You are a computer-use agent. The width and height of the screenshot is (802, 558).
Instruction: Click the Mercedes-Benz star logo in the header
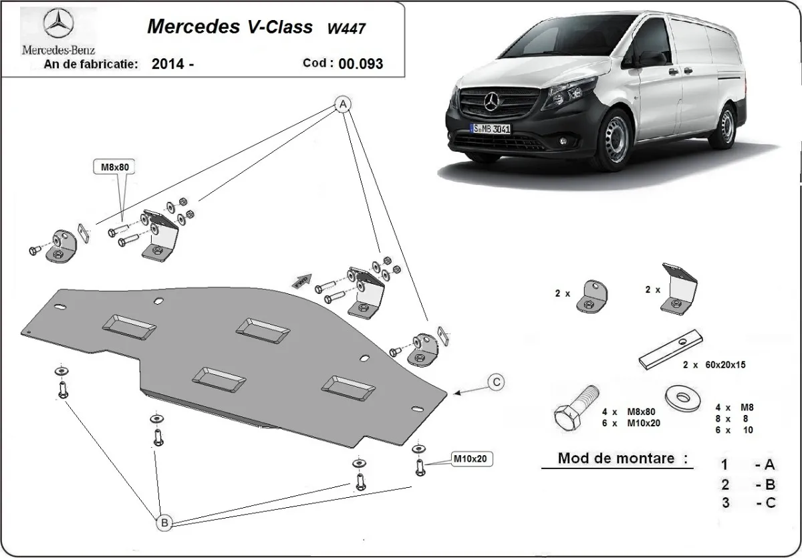tap(58, 25)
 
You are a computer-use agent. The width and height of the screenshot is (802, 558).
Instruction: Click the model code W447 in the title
tap(346, 28)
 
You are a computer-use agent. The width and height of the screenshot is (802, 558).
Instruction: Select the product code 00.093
tap(361, 64)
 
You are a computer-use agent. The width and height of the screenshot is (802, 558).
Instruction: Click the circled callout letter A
tap(342, 105)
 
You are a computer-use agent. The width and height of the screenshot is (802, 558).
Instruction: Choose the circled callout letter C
tap(496, 382)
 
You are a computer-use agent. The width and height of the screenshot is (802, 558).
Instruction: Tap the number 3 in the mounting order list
tap(725, 503)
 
